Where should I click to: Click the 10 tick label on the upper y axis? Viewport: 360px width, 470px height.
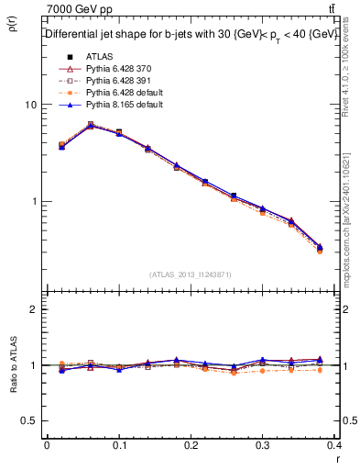tap(30, 105)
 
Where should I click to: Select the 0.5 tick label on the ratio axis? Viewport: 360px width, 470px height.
tap(29, 420)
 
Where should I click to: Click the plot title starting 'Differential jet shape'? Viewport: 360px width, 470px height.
tap(191, 33)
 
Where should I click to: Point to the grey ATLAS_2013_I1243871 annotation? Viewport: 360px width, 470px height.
tap(191, 274)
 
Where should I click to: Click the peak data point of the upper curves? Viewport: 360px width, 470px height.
tap(90, 125)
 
